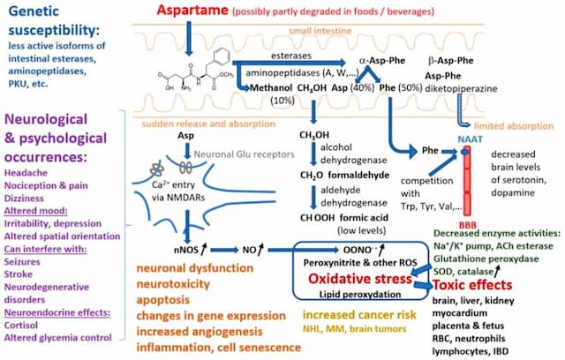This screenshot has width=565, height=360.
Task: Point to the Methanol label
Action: coord(275,89)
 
